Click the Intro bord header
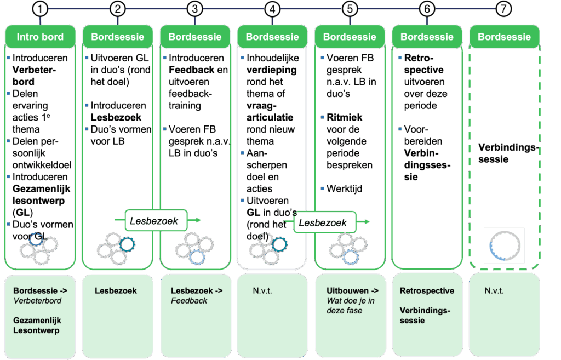pyautogui.click(x=40, y=37)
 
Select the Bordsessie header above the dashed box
pyautogui.click(x=504, y=37)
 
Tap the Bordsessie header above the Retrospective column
pyautogui.click(x=427, y=37)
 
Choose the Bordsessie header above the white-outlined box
pyautogui.click(x=272, y=37)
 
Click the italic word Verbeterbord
pyautogui.click(x=37, y=300)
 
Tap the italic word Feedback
pyautogui.click(x=189, y=300)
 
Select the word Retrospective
pyautogui.click(x=427, y=290)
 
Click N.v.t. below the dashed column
pyautogui.click(x=495, y=290)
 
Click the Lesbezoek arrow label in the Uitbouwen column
pyautogui.click(x=324, y=223)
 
